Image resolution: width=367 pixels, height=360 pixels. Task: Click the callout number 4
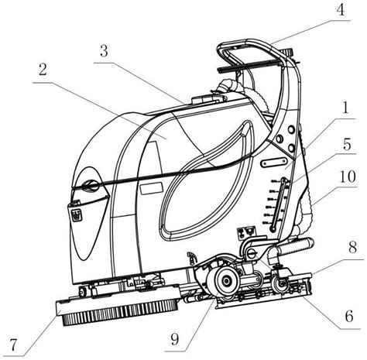pyautogui.click(x=341, y=10)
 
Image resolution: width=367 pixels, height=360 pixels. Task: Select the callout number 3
pyautogui.click(x=104, y=51)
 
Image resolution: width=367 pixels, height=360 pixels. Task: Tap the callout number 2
pyautogui.click(x=43, y=70)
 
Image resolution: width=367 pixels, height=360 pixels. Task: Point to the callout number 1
pyautogui.click(x=345, y=108)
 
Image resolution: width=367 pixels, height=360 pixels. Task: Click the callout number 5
pyautogui.click(x=347, y=145)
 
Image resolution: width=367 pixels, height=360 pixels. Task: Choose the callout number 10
pyautogui.click(x=348, y=177)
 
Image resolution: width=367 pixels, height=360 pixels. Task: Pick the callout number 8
pyautogui.click(x=352, y=247)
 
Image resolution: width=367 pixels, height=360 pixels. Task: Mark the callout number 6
pyautogui.click(x=349, y=316)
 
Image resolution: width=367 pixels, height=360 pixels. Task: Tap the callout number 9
pyautogui.click(x=175, y=339)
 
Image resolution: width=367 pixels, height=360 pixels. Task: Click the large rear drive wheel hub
pyautogui.click(x=225, y=281)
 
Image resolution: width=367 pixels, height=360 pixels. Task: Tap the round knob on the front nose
pyautogui.click(x=91, y=184)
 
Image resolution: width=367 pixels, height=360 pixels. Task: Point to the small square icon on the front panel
pyautogui.click(x=77, y=214)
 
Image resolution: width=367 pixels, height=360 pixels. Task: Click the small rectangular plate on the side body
pyautogui.click(x=152, y=188)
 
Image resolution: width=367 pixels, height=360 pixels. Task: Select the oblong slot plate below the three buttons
pyautogui.click(x=273, y=163)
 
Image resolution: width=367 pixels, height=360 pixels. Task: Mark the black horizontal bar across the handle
pyautogui.click(x=247, y=65)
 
